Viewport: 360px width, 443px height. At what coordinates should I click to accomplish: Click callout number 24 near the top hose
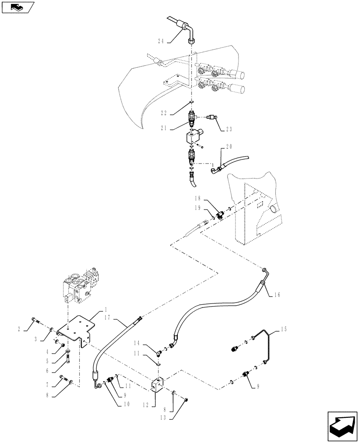[160, 41]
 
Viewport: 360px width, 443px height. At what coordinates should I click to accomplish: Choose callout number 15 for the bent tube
[283, 329]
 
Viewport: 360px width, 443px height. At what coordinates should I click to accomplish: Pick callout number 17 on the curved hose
[117, 316]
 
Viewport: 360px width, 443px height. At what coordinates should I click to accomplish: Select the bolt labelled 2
[36, 321]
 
